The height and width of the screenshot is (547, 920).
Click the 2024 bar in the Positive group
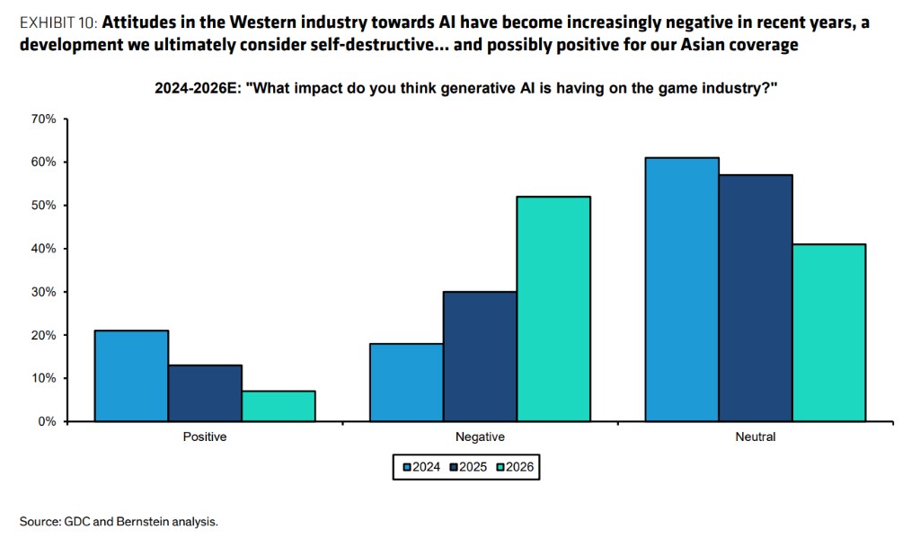click(x=131, y=375)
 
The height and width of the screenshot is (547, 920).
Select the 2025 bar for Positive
click(x=205, y=393)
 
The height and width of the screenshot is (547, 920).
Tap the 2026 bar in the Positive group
click(x=279, y=406)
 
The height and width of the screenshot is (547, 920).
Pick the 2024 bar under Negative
click(x=406, y=382)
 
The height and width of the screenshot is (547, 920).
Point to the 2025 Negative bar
click(x=480, y=356)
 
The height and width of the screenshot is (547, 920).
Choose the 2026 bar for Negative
click(x=553, y=308)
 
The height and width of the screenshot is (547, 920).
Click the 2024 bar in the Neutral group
click(x=682, y=289)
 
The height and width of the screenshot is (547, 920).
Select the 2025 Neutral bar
click(x=756, y=297)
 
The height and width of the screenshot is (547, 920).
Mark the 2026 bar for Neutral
click(x=829, y=332)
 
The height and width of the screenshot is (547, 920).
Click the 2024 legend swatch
click(x=407, y=467)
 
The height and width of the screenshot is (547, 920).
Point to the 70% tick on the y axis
click(x=44, y=119)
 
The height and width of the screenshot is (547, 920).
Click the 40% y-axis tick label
click(x=44, y=248)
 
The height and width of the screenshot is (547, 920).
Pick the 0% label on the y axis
click(x=48, y=421)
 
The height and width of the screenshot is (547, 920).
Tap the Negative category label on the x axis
click(x=480, y=437)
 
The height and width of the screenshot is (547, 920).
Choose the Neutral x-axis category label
click(x=755, y=437)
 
